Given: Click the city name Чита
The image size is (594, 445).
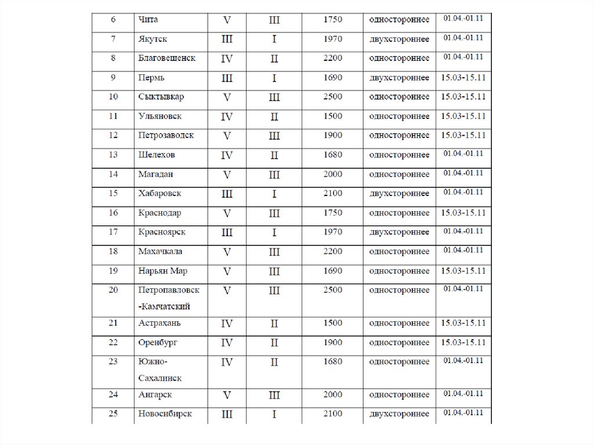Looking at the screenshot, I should (148, 20).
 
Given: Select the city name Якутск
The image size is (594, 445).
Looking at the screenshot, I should (153, 39).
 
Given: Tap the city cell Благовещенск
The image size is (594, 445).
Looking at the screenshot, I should (167, 59).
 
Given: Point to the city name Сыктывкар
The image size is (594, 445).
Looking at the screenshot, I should (161, 96).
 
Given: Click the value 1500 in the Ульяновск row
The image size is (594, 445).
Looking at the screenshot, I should (334, 116).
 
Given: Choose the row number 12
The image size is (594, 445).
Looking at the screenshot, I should (113, 135).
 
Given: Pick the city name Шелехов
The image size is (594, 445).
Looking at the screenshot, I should (157, 155).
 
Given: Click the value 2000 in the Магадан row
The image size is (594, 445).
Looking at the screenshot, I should (334, 174).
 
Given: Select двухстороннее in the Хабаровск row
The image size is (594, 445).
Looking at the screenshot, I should (399, 193).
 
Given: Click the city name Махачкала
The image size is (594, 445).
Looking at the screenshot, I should (161, 251).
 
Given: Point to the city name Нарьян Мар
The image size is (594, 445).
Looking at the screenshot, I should (163, 271).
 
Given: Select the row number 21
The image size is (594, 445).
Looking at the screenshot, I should (113, 323).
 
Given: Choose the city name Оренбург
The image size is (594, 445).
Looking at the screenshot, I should (158, 342).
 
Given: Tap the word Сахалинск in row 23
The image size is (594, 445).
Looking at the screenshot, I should (160, 378).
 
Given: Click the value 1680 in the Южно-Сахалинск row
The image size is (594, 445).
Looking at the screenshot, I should (334, 362).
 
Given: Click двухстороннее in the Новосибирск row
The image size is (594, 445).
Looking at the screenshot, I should (399, 414).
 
